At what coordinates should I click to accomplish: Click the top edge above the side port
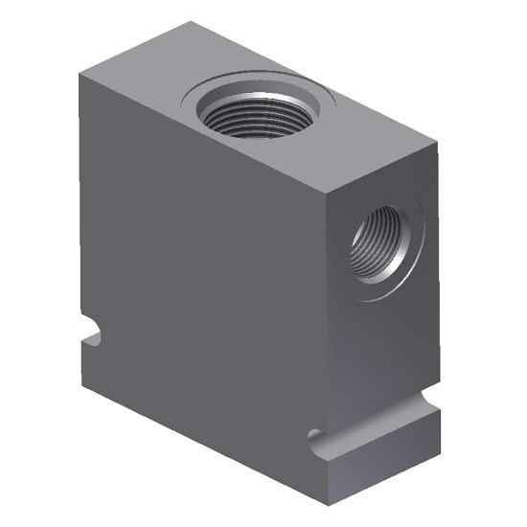click(383, 172)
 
